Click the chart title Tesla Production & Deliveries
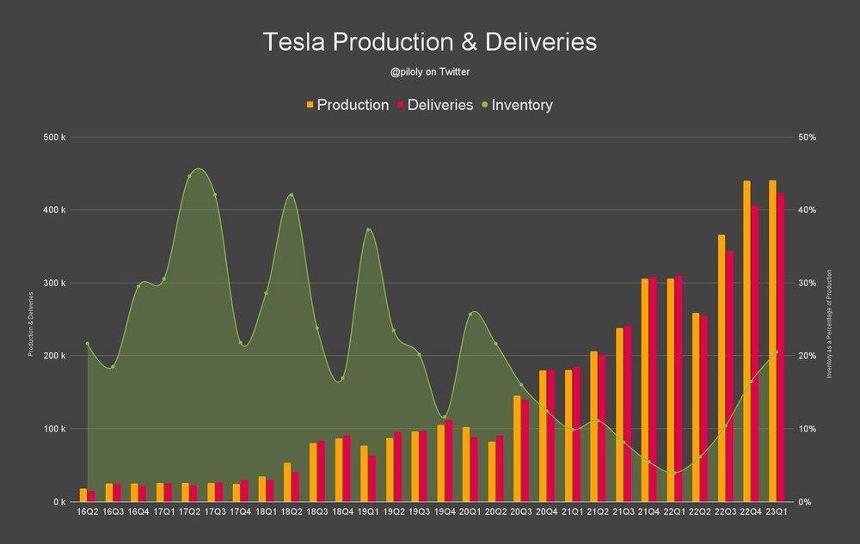click(x=429, y=42)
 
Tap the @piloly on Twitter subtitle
click(x=429, y=72)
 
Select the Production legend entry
click(x=347, y=105)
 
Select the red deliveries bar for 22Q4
click(x=755, y=353)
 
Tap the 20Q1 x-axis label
click(x=470, y=512)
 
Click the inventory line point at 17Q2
click(x=189, y=176)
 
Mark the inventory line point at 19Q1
click(x=368, y=229)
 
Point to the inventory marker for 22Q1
click(x=674, y=473)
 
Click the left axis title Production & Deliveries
click(x=31, y=323)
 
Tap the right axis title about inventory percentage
click(x=829, y=323)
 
